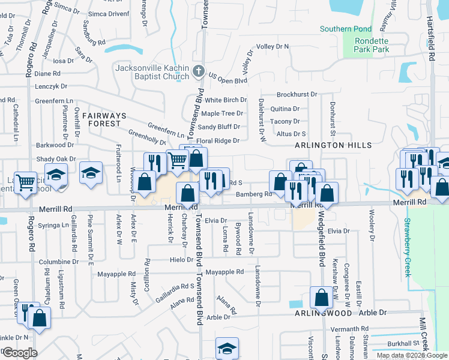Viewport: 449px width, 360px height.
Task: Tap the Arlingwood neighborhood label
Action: tap(322, 313)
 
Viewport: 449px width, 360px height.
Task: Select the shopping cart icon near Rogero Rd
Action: tap(26, 182)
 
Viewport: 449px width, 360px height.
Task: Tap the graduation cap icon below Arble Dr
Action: tap(228, 348)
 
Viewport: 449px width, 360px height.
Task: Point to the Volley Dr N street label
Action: tap(273, 46)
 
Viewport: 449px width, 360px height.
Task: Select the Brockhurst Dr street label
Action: tap(297, 95)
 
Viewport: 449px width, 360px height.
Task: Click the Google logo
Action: tap(20, 353)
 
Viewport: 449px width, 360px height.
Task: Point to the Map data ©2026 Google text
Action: tap(412, 355)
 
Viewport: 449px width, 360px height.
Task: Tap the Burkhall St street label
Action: tap(403, 343)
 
